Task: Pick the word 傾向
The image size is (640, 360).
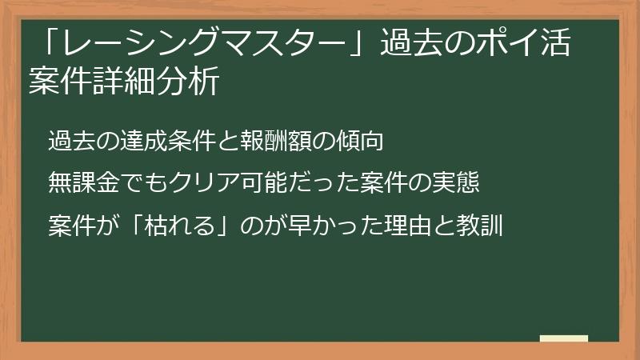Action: tap(367, 142)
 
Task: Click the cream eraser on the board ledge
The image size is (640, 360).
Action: tap(563, 339)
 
